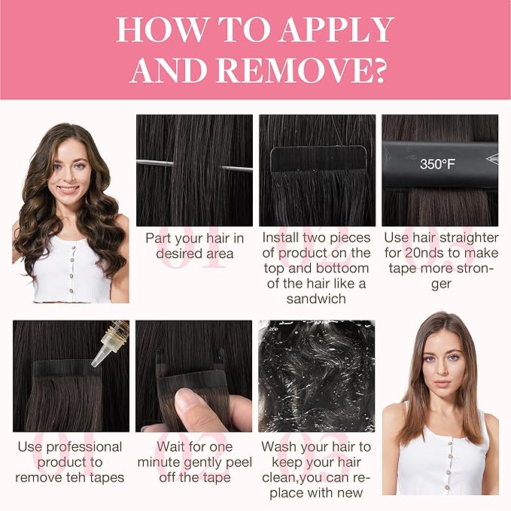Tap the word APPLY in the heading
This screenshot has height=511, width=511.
click(x=336, y=29)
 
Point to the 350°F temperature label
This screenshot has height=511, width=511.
click(x=437, y=164)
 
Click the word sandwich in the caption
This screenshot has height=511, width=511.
click(x=316, y=299)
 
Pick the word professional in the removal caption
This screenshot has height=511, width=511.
click(x=84, y=448)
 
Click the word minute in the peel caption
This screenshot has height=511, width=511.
click(x=159, y=462)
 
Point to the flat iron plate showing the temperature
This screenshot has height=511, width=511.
click(x=440, y=164)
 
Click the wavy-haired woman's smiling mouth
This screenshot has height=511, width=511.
click(x=68, y=190)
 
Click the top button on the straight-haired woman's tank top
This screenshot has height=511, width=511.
click(x=450, y=443)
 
